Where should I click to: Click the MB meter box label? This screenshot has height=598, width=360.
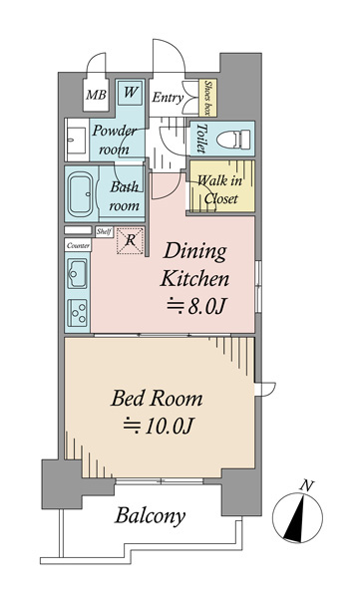(x=96, y=95)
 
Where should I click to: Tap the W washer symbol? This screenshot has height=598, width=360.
(x=131, y=92)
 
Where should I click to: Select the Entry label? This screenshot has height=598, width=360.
(x=168, y=98)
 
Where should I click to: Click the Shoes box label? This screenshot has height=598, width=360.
(x=208, y=98)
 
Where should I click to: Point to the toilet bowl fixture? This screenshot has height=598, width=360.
(x=233, y=139)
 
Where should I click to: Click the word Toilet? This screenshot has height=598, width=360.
(x=201, y=139)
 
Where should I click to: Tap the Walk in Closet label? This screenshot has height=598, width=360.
(x=220, y=189)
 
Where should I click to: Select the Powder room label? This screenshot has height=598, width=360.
(x=115, y=140)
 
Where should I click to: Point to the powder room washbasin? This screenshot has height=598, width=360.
(x=77, y=140)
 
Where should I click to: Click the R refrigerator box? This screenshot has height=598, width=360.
(x=131, y=240)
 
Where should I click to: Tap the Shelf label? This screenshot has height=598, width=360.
(x=104, y=231)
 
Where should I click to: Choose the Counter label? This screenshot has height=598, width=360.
(x=78, y=245)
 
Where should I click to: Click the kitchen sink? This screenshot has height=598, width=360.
(x=77, y=273)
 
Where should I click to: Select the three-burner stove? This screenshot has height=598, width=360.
(x=77, y=313)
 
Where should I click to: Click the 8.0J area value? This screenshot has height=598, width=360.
(x=197, y=307)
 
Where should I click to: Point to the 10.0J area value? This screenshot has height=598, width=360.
(x=160, y=426)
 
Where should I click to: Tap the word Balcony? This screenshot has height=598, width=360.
(x=151, y=516)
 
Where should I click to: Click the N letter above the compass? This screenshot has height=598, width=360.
(x=306, y=486)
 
